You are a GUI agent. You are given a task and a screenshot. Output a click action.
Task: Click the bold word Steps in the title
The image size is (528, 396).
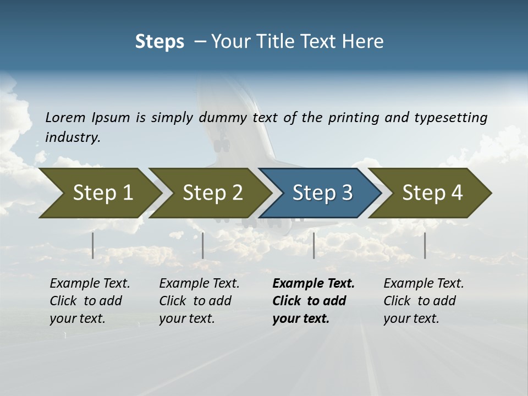159,42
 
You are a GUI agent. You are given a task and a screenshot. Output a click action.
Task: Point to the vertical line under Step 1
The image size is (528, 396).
93,245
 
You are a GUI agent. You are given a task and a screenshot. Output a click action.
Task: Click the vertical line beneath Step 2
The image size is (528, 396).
203,245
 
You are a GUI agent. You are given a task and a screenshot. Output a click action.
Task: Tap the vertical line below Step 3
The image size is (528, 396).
314,245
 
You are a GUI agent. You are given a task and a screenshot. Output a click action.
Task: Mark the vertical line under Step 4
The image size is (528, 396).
425,245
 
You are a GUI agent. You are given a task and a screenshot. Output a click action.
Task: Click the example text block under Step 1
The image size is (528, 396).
90,301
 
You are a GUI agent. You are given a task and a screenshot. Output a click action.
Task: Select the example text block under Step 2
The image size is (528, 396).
199,301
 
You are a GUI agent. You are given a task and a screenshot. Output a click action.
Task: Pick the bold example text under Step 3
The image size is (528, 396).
313,301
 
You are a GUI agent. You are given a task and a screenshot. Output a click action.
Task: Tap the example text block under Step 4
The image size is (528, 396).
424,301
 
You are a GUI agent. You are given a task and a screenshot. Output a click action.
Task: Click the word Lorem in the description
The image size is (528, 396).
65,117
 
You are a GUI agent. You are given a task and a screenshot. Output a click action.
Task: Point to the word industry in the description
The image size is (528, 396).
73,137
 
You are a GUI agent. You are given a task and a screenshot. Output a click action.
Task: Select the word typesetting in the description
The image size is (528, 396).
450,117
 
